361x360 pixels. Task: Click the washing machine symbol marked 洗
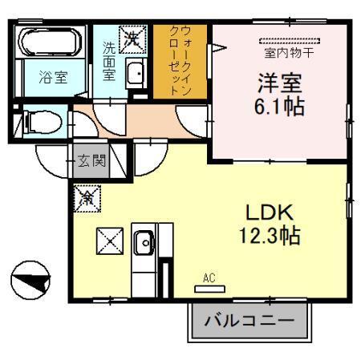[x=130, y=36]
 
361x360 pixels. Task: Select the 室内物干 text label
[x=288, y=55]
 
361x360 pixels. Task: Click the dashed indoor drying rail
[x=289, y=41]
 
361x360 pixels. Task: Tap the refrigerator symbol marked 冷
[x=85, y=198]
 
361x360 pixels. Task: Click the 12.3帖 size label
[x=268, y=237]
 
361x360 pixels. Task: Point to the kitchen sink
[x=145, y=240]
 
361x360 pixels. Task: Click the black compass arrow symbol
[x=30, y=281]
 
